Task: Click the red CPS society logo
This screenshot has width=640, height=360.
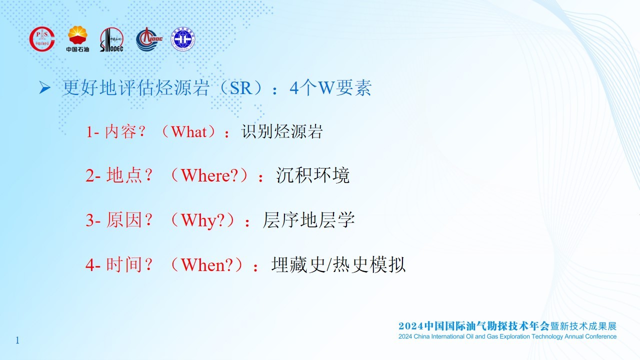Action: point(42,39)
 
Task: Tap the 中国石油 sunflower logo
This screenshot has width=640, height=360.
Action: point(77,39)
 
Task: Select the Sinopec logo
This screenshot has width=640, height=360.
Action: point(111,39)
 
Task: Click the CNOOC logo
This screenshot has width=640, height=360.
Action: point(149,39)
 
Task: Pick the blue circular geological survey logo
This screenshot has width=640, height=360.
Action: point(183,39)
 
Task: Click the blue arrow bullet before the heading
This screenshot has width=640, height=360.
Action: point(45,87)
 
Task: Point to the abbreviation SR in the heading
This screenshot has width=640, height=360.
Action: point(240,88)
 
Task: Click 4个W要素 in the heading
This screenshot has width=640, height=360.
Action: point(330,87)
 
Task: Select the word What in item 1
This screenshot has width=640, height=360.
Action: point(188,131)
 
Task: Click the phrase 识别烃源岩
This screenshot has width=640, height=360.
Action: point(282,131)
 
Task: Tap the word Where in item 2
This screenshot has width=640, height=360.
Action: point(205,175)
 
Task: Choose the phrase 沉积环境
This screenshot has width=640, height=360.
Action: point(312,175)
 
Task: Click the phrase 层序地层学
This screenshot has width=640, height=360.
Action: point(308,220)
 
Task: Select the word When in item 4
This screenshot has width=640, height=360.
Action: point(203,265)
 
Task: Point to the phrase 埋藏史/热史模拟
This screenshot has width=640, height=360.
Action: point(338,264)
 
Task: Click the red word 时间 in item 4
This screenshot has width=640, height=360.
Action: point(124,264)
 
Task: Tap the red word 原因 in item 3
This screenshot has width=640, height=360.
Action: point(124,220)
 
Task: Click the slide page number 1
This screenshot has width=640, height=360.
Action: point(17,340)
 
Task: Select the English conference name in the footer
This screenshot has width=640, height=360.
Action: point(507,336)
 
